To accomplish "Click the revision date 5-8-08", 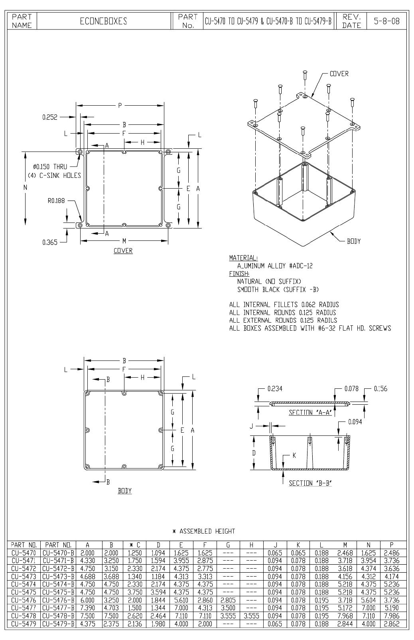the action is click(x=386, y=21).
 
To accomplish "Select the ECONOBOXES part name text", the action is click(x=103, y=21).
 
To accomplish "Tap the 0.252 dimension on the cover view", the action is click(x=50, y=117).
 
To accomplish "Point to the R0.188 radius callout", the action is click(x=56, y=201).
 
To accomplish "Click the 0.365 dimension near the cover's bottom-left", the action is click(x=50, y=242).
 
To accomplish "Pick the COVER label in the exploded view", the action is click(x=339, y=74).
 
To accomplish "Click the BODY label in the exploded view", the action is click(x=354, y=241).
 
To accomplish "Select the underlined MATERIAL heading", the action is click(x=243, y=258).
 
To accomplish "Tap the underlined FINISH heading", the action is click(x=239, y=274).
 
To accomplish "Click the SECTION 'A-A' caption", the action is click(x=310, y=413).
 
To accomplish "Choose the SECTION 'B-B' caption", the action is click(x=310, y=483).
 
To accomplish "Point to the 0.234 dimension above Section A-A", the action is click(x=275, y=388).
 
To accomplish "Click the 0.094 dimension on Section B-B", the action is click(x=355, y=422).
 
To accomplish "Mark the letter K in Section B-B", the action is click(x=294, y=455).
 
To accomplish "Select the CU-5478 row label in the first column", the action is click(x=24, y=616).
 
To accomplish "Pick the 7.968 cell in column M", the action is click(x=345, y=616).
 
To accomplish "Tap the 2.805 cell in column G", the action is click(x=228, y=600).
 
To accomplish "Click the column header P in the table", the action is click(x=392, y=545).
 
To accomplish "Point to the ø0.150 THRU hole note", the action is click(x=50, y=167).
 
